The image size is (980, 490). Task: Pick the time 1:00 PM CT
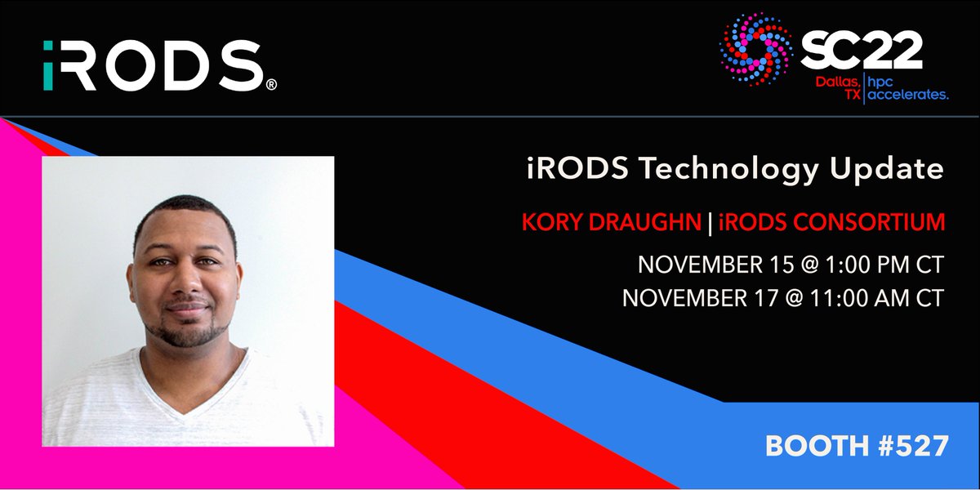(863, 265)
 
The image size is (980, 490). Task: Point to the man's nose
(185, 286)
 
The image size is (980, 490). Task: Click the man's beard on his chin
(186, 333)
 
